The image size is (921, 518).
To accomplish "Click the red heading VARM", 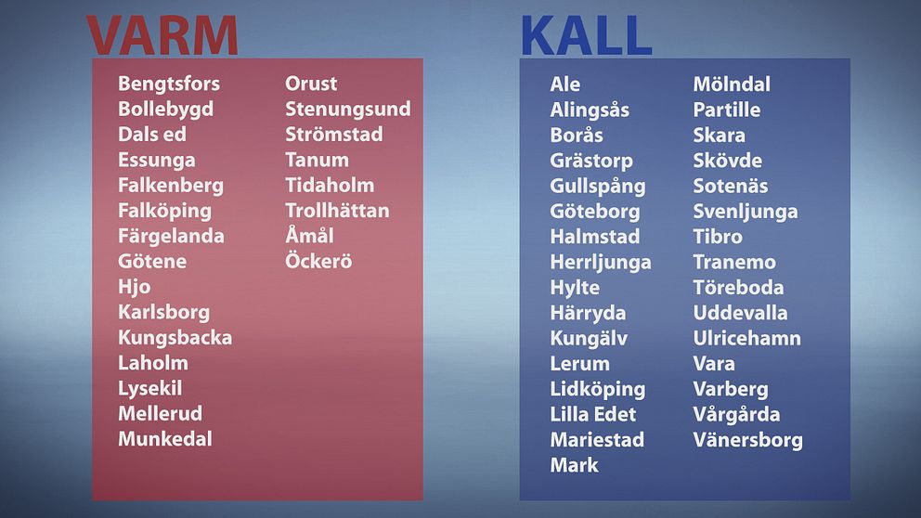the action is point(162,35).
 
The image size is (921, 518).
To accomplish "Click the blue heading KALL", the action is point(586,35).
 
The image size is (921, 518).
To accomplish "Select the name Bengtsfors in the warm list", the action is point(169,84).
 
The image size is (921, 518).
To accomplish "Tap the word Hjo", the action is point(135,287).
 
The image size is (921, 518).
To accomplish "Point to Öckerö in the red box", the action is point(318,261).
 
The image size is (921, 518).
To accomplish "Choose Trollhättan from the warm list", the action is point(337,210).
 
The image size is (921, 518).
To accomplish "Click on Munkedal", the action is point(165,439).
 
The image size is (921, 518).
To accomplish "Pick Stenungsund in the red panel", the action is point(348,110).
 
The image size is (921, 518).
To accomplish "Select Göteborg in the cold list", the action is point(595,212).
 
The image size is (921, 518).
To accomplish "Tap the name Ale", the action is point(565,84).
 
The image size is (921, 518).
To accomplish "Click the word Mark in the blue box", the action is point(575,465).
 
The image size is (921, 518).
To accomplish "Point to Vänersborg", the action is point(747,440).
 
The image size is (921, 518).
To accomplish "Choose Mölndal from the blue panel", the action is point(732,84).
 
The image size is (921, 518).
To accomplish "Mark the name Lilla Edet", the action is point(593,414).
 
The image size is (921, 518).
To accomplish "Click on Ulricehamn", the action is point(747,338).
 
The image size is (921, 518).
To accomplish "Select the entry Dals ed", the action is point(152,134).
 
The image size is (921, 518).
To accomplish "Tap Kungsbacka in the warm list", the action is point(175,338).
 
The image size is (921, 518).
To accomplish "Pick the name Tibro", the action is point(718,237).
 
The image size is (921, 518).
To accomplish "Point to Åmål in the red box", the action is point(309,235).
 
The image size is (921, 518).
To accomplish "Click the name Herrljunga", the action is point(601,263).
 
